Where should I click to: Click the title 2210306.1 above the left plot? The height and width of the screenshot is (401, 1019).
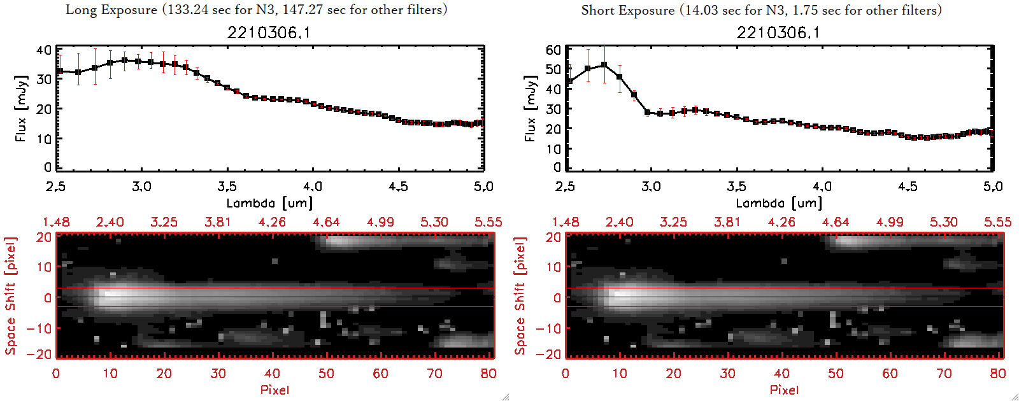(x=269, y=32)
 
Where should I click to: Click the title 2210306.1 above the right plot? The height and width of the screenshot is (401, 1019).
(x=778, y=32)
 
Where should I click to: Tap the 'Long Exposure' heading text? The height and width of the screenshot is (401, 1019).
(x=111, y=10)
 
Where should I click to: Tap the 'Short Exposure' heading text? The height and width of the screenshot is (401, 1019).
(x=627, y=10)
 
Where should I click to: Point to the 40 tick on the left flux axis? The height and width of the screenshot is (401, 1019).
(x=44, y=50)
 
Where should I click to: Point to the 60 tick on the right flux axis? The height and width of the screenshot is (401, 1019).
(x=553, y=50)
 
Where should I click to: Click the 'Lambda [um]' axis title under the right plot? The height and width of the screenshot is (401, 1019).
(x=779, y=203)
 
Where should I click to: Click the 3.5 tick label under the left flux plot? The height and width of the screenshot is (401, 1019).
(x=227, y=186)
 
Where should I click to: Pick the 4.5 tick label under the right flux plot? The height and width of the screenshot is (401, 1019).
(x=908, y=186)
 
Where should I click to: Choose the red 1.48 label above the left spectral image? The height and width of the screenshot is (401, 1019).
(x=56, y=222)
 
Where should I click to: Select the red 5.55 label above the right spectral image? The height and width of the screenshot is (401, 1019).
(x=997, y=222)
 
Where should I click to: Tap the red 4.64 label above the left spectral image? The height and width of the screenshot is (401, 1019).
(x=326, y=222)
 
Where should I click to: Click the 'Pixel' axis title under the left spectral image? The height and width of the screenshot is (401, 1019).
(x=274, y=390)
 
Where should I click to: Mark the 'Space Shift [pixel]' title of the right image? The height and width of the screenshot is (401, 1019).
(x=520, y=296)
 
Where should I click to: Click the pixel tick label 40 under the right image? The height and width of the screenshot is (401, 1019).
(x=781, y=374)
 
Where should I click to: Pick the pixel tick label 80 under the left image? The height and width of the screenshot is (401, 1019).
(x=488, y=374)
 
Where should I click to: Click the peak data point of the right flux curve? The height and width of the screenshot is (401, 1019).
(x=604, y=65)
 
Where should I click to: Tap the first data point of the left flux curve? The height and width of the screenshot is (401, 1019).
(x=59, y=71)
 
